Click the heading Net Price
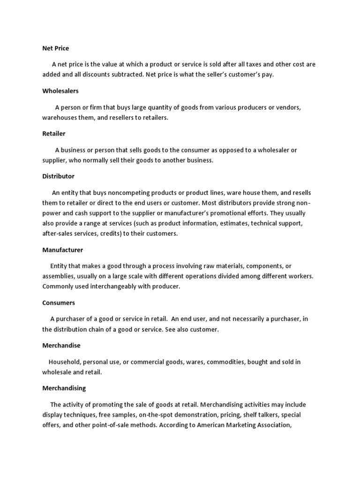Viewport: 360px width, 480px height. [x=55, y=48]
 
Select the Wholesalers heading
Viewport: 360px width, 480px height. [x=60, y=90]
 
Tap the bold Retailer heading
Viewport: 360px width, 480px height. [x=54, y=133]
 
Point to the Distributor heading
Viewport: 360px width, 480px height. [x=58, y=176]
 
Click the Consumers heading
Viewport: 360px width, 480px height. [x=59, y=303]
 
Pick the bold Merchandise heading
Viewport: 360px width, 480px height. [x=61, y=345]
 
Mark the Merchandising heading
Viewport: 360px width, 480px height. [x=64, y=388]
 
